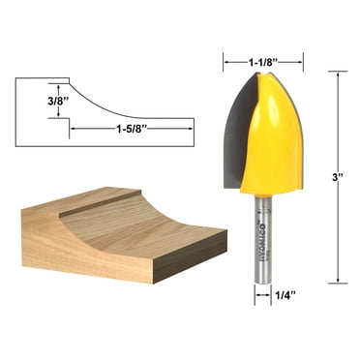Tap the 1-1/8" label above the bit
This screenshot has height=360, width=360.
[263, 62]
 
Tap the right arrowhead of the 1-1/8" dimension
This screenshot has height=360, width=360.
[301, 62]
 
